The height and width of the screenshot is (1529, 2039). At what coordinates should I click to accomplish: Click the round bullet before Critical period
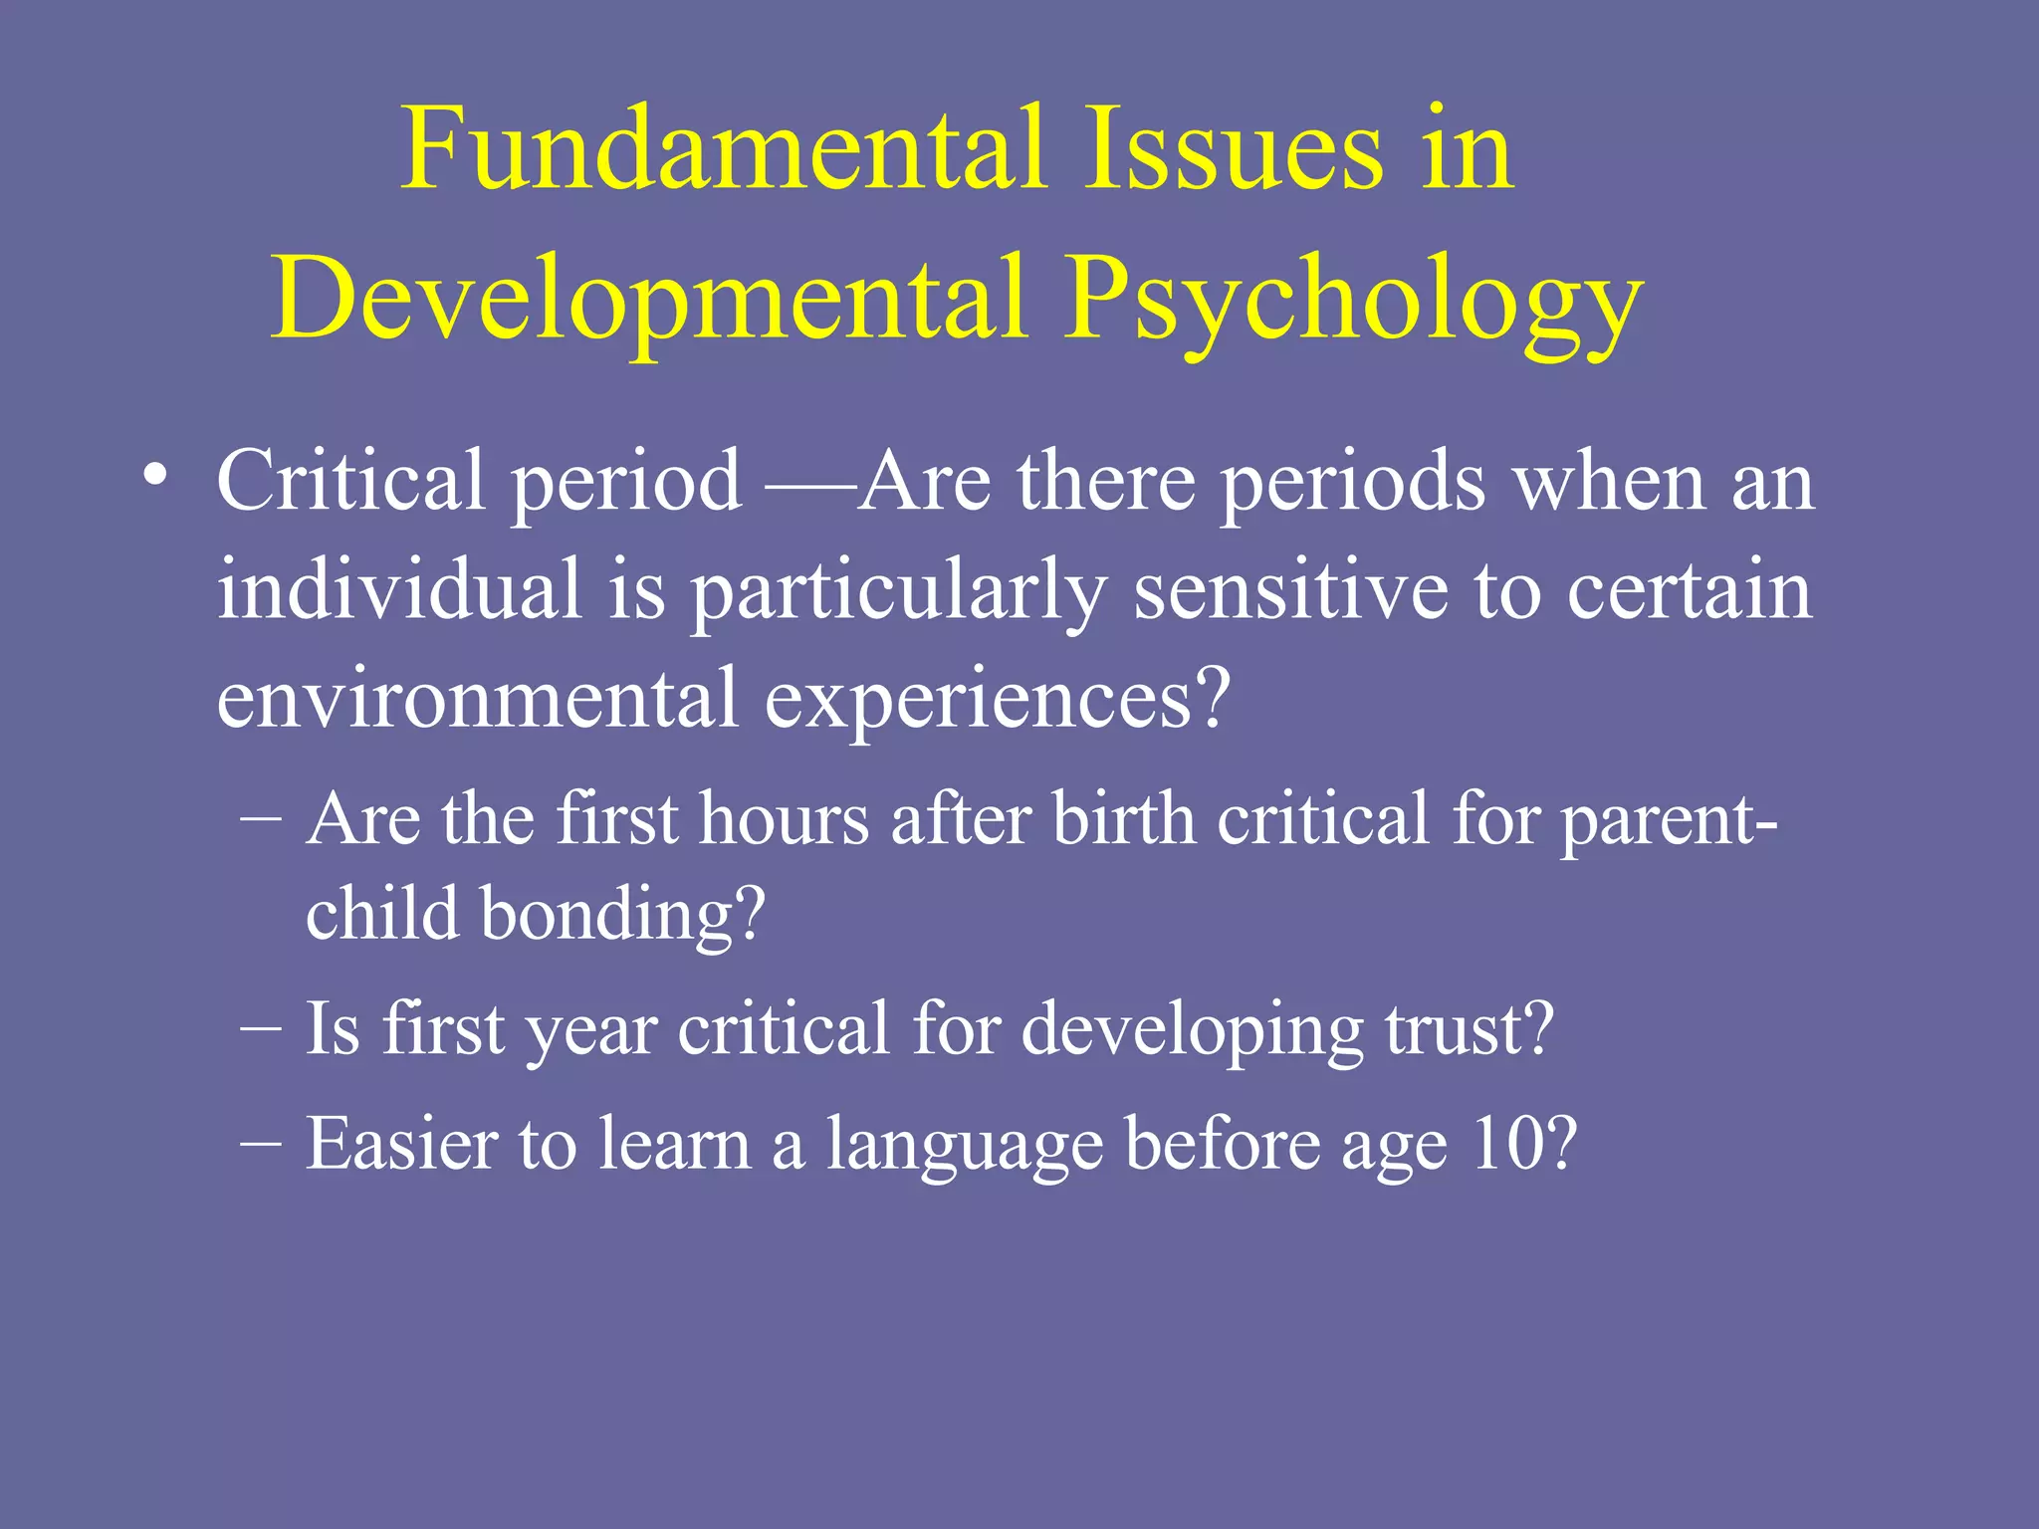tap(154, 475)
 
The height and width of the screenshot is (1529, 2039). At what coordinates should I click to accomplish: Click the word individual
tap(399, 589)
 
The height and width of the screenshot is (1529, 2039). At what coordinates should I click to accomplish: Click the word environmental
tap(477, 698)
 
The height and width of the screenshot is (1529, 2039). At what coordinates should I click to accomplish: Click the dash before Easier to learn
tap(261, 1145)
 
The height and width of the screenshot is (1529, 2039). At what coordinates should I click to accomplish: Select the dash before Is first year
tap(261, 1030)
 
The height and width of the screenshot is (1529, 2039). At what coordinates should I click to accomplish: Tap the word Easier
tap(399, 1144)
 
